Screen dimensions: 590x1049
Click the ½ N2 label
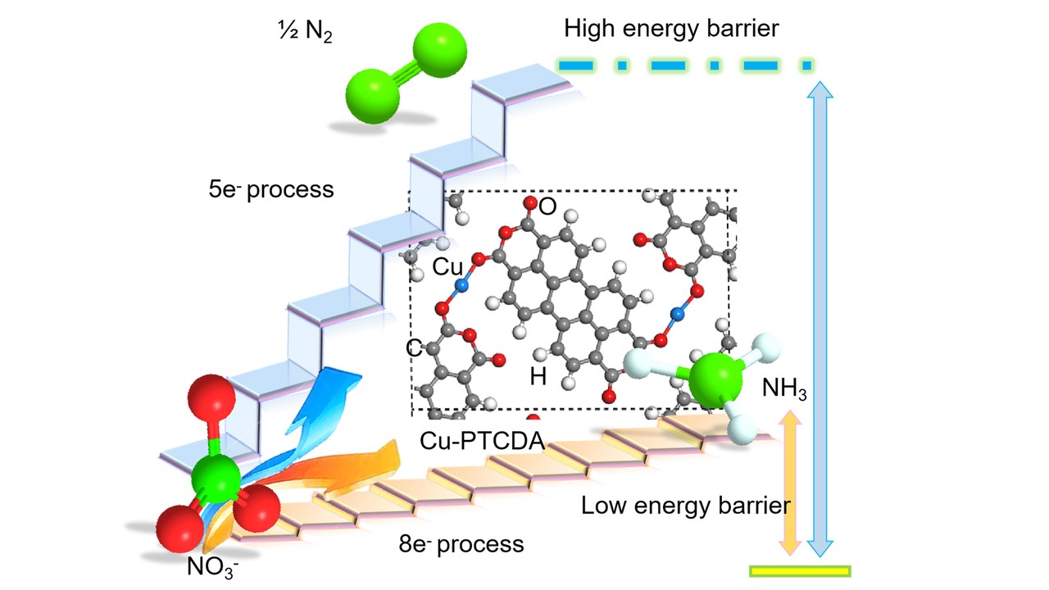(x=304, y=34)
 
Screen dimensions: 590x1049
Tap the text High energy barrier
(x=671, y=29)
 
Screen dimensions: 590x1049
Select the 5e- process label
(x=271, y=189)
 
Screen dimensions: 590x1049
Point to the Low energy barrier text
(x=685, y=505)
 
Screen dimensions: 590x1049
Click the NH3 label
(x=784, y=388)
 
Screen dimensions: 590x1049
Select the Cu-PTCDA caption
(x=470, y=441)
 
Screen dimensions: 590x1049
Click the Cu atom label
(x=447, y=266)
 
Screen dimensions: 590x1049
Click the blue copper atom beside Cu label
(x=461, y=286)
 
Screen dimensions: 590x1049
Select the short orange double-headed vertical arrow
(x=789, y=484)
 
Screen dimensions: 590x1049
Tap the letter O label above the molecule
(x=547, y=207)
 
